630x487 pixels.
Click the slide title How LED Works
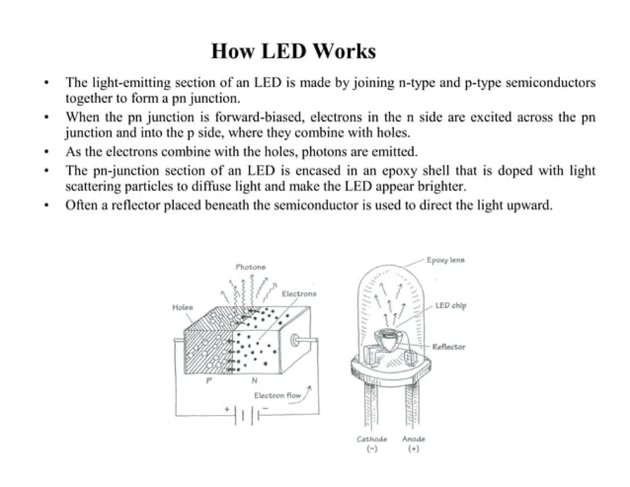pos(293,51)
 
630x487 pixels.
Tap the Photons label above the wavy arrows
pos(250,267)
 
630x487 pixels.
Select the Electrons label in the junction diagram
pos(299,294)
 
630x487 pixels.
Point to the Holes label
pos(182,307)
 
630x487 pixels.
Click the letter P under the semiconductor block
pos(209,380)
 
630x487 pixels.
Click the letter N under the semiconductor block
pos(254,381)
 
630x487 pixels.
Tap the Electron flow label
pos(277,396)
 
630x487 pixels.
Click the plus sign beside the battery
pos(227,409)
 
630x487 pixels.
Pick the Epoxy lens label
pos(445,260)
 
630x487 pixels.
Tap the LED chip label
pos(451,306)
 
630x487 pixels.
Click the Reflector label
pos(449,347)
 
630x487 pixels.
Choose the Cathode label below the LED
pos(372,439)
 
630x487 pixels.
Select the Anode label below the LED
pos(413,439)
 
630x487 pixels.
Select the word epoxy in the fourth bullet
pos(399,171)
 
